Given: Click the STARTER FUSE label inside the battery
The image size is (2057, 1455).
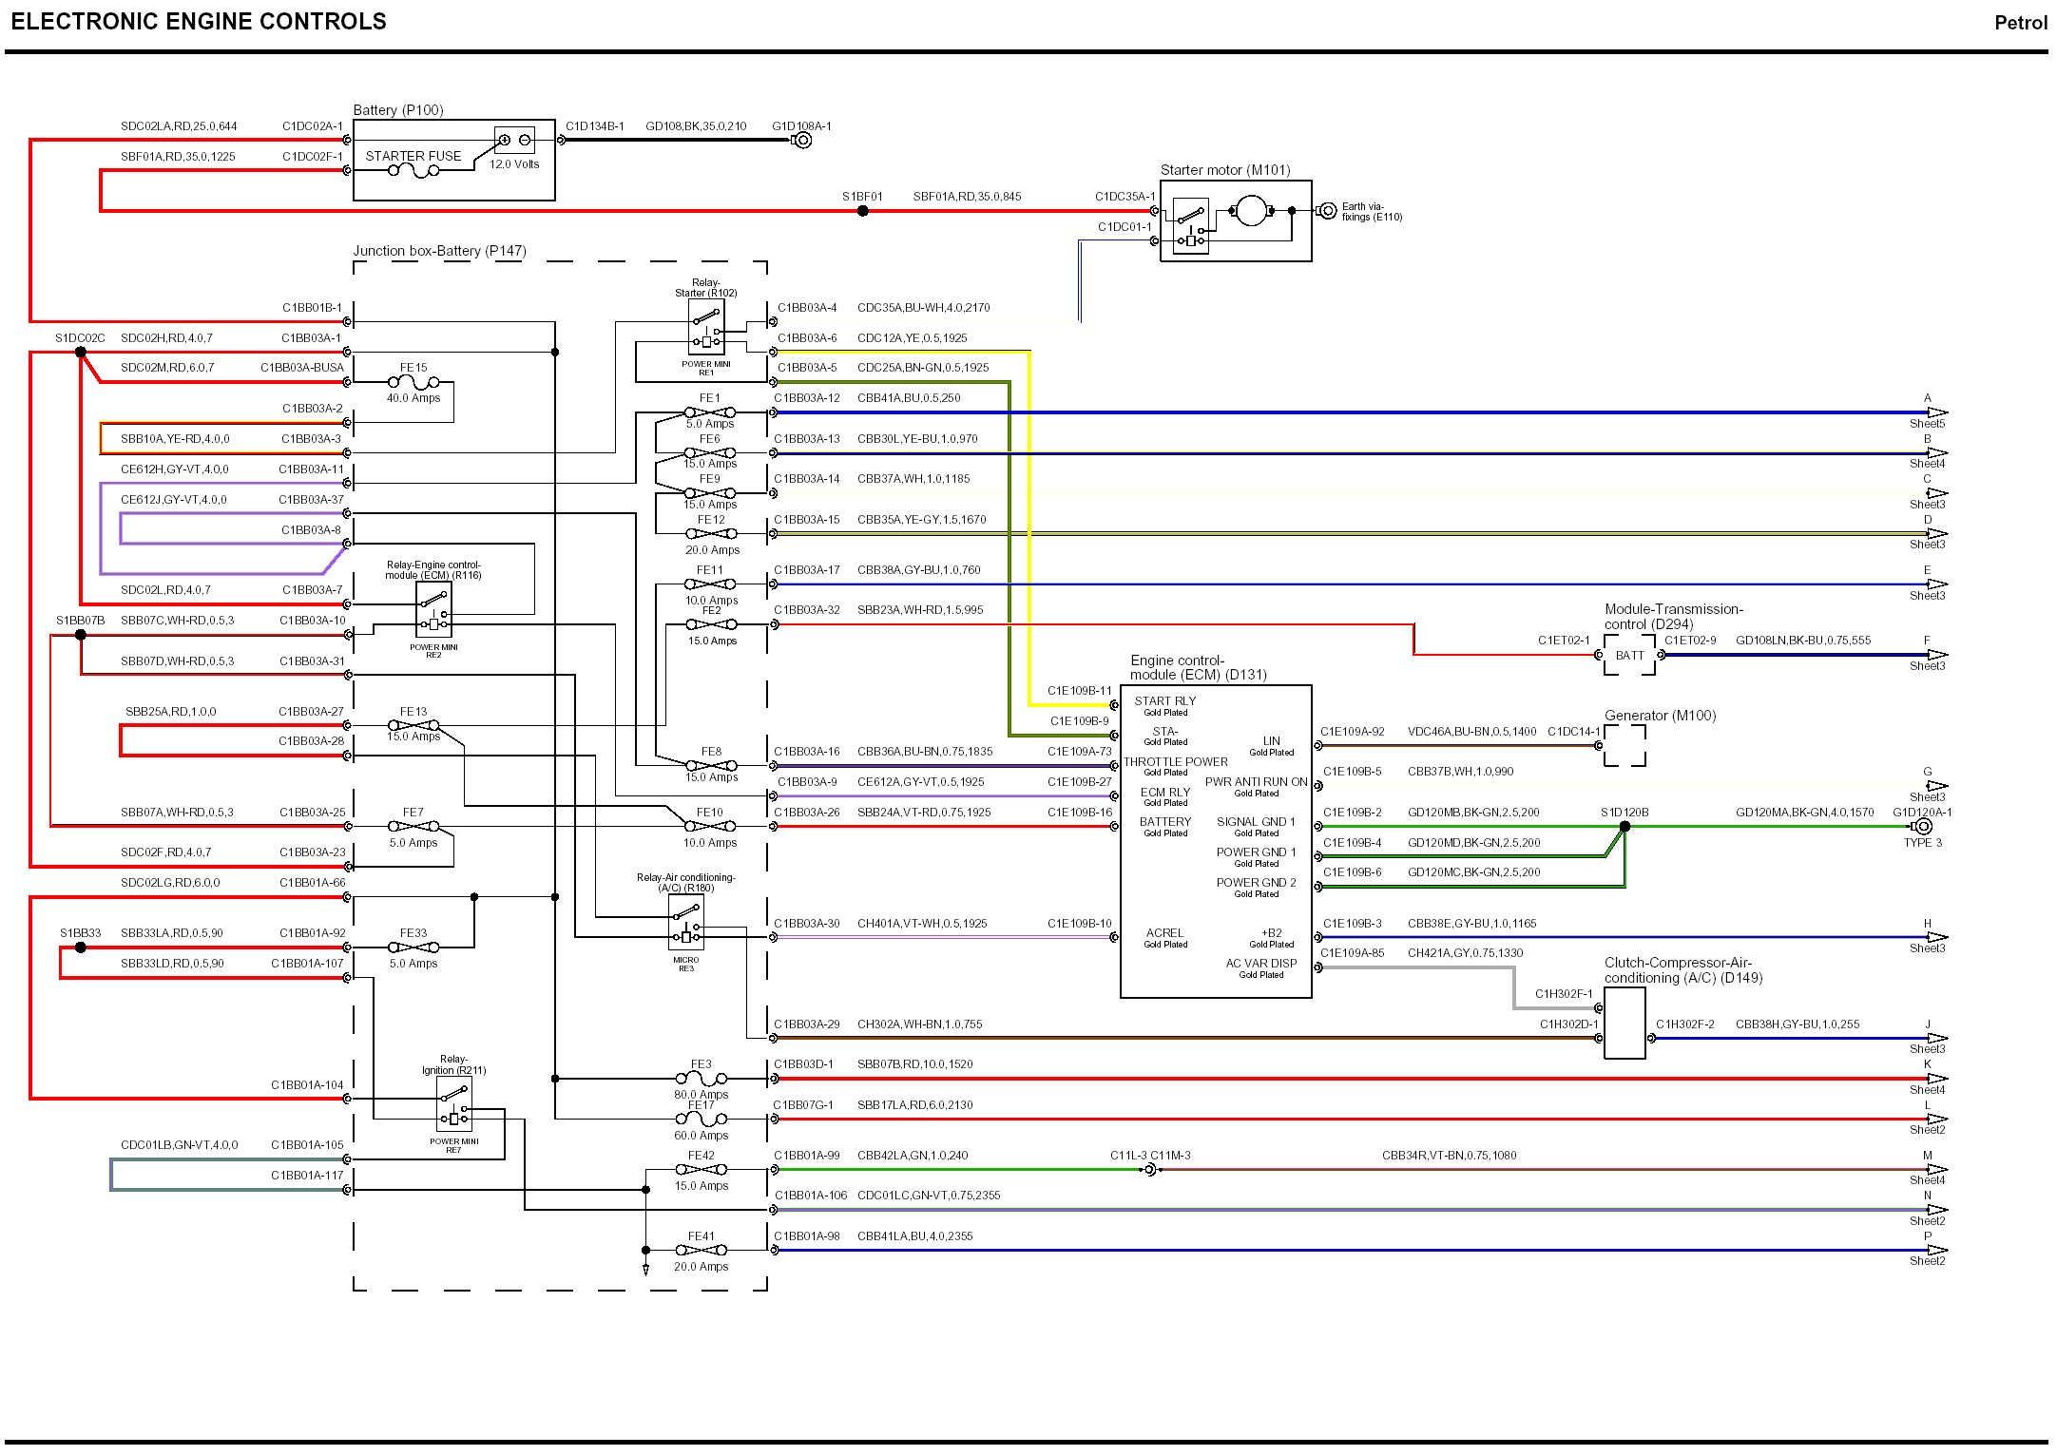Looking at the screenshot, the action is pos(413,156).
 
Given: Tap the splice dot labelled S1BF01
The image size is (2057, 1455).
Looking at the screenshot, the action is pos(862,211).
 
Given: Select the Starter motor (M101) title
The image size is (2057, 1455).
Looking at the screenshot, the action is pos(1224,170).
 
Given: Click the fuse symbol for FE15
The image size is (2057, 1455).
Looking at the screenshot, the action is pos(413,382).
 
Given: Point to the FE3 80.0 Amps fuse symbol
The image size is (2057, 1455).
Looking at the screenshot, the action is pos(701,1079).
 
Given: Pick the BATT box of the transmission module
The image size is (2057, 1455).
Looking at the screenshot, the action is pos(1629,655).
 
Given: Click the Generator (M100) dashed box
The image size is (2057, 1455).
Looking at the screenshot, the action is pos(1624,745).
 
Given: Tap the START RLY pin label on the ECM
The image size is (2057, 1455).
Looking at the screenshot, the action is pos(1164,701).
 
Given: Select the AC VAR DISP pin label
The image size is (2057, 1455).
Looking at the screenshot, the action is pos(1260,964).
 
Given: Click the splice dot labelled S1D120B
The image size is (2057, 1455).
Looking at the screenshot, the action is pos(1624,827).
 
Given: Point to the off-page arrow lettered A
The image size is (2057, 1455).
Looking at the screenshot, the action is pos(1936,412).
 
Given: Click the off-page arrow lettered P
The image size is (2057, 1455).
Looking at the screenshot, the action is pos(1936,1250).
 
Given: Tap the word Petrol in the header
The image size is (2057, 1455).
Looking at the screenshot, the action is pos(2020,23).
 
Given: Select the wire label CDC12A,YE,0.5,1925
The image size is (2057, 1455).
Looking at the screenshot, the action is pos(912,338).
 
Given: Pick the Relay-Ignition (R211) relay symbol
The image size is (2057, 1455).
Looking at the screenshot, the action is pos(454,1105).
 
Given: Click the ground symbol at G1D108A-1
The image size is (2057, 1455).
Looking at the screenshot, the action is pos(802,141).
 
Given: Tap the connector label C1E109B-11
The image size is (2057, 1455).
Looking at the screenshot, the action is pos(1079,691).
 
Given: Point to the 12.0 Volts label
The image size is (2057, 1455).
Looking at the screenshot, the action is pos(514,164).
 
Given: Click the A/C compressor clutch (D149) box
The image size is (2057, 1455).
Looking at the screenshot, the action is pos(1624,1023).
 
